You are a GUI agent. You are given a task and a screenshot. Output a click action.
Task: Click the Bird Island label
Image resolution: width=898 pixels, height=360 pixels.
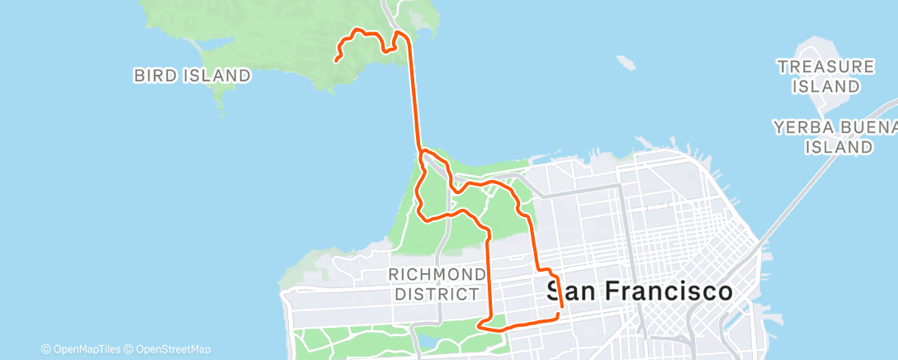coord(192,75)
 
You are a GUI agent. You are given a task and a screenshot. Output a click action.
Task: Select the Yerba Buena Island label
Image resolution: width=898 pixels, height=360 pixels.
coord(834,137)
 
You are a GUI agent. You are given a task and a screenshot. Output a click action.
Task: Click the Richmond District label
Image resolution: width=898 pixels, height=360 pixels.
coord(437,283)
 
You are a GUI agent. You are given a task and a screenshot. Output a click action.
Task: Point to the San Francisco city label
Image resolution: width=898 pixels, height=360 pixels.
coord(640,291)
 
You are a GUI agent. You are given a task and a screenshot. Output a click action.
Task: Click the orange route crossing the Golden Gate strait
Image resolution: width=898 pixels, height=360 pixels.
coord(414,99)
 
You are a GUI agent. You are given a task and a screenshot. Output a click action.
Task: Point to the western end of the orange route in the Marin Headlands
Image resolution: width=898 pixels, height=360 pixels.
coord(337,59)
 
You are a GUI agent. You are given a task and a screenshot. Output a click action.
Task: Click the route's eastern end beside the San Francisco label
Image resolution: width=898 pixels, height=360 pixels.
coord(561,312)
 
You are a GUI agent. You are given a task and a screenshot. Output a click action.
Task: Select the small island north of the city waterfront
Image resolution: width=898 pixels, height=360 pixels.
coord(625,61)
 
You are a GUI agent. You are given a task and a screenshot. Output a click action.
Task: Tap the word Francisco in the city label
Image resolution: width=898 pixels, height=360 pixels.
coord(669,291)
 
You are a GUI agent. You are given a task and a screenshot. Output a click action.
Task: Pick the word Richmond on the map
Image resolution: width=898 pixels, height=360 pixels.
coord(437,273)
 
